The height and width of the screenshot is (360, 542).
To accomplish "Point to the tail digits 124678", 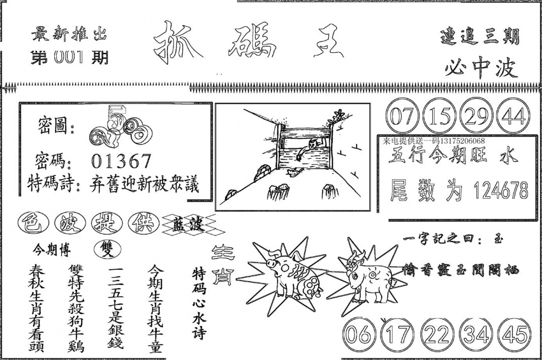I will tap(501, 191).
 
